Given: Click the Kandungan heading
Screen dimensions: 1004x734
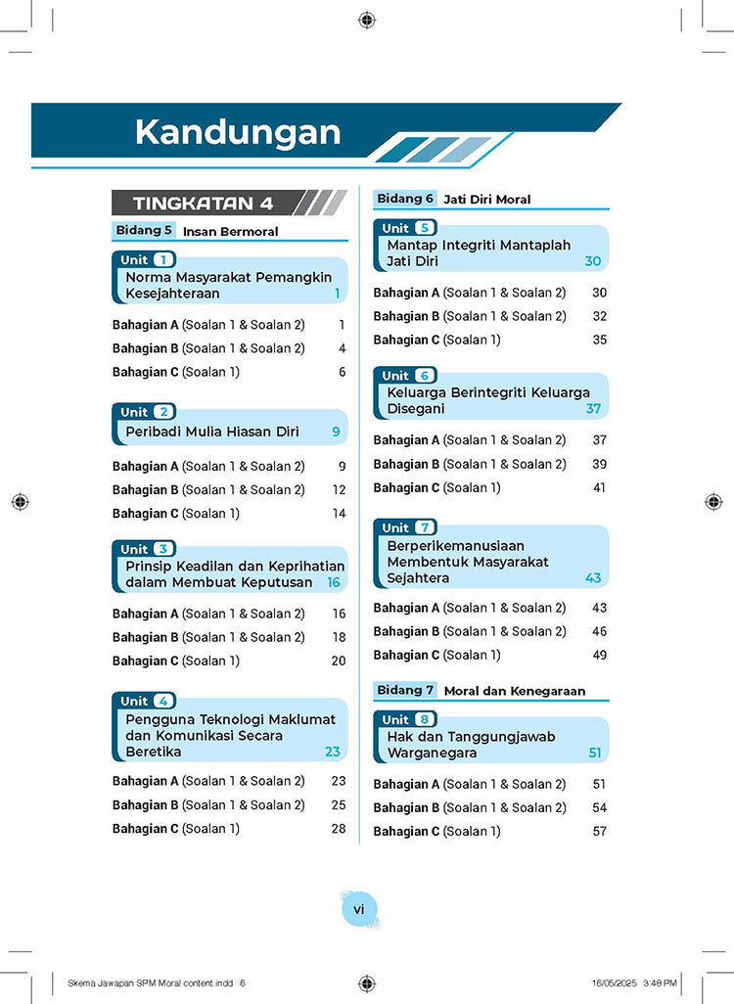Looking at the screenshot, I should pos(238,132).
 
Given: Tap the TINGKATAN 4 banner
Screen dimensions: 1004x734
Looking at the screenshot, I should pos(203,204).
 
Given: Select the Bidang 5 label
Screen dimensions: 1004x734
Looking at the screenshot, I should pos(144,231).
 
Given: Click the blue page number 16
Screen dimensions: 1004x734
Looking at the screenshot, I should pos(334,582).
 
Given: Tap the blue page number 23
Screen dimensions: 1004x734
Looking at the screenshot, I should pos(334,752).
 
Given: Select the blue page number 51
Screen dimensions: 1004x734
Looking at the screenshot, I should pos(595,753).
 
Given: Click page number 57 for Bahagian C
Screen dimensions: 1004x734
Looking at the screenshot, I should pos(599,831).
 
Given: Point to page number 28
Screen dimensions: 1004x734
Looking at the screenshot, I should pos(339,828).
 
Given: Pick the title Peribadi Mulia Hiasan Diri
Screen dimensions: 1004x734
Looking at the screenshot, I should pos(212,432).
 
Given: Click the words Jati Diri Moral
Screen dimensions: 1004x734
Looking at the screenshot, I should pos(487,200).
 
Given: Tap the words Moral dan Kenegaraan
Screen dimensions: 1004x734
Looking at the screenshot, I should pos(515,691).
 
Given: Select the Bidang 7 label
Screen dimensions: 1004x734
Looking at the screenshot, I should pos(405,690).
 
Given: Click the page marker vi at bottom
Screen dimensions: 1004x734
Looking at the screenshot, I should pos(358,910).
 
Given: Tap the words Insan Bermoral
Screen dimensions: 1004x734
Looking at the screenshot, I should pos(231,232).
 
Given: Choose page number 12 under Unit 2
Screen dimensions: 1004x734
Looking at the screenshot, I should pos(339,489).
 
